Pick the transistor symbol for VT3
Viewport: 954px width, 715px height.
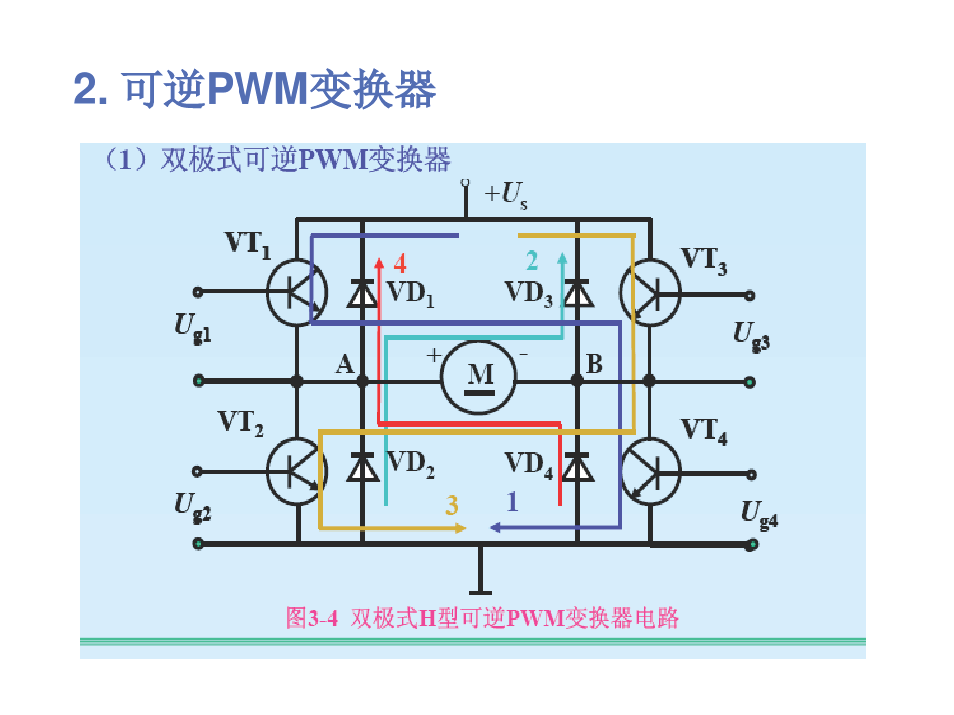(649, 291)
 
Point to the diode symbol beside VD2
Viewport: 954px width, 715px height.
(362, 466)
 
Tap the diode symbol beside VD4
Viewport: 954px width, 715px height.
(577, 466)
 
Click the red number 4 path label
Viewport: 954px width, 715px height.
(400, 263)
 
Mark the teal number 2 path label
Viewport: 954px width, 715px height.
(532, 261)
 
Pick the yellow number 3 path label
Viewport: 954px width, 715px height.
(452, 505)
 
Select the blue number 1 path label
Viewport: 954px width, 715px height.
(513, 503)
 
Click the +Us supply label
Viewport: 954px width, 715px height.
(506, 196)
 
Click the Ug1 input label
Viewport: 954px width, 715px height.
(193, 326)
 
